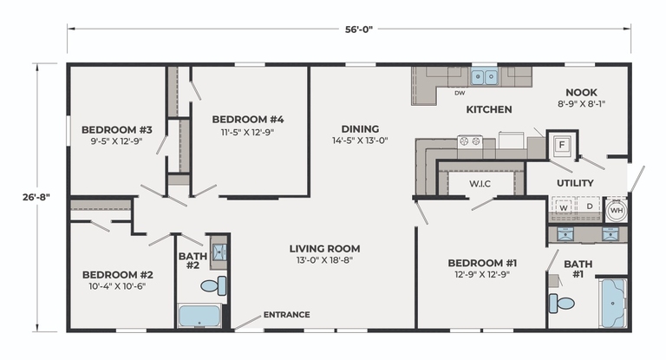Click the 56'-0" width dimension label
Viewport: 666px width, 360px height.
358,29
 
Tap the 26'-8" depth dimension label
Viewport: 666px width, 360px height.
36,197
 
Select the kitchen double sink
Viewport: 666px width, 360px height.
484,77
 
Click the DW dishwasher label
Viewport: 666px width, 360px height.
460,93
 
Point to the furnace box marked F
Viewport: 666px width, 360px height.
562,145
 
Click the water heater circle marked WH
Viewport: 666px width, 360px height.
617,211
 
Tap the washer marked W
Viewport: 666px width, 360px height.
564,207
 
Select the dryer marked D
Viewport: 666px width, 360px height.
589,207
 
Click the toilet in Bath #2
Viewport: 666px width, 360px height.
213,285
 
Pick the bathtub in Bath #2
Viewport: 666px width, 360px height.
199,316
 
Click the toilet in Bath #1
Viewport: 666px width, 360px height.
561,303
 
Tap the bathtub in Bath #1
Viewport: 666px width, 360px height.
613,303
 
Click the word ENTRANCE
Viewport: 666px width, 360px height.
286,315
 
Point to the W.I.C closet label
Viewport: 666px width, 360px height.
480,184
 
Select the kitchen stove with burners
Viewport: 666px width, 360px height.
470,141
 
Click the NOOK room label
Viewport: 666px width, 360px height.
581,92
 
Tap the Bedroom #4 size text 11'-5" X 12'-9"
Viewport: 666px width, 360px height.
247,132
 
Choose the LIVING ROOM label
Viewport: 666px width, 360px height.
324,249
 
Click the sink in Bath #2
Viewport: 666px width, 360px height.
219,252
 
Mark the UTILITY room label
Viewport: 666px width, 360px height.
575,183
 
